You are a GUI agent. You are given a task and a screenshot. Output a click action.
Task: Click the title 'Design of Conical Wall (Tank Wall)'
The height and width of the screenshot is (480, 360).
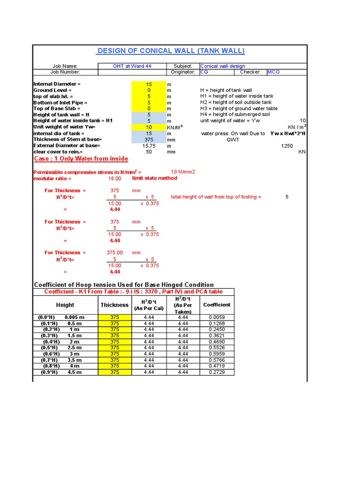coord(170,51)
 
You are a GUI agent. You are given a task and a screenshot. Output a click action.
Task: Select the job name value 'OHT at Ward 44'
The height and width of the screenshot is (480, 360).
coord(132,66)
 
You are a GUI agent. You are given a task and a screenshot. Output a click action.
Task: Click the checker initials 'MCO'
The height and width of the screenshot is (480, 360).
coord(273,72)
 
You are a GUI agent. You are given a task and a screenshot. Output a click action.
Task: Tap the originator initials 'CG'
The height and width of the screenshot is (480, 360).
coord(204,72)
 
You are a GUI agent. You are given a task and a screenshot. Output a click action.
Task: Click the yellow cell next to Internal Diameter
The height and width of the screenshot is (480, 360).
coord(149,84)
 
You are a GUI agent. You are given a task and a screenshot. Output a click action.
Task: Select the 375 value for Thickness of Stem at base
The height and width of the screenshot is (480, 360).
coord(149,139)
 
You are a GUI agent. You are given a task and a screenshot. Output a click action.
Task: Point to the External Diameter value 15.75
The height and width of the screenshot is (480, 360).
coord(149,146)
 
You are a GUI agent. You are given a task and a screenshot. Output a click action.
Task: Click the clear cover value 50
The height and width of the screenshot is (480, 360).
coord(149,152)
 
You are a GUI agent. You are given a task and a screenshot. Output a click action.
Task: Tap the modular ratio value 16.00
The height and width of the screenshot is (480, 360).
coord(115,179)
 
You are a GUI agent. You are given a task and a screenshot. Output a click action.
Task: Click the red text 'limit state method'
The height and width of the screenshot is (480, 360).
coord(155,178)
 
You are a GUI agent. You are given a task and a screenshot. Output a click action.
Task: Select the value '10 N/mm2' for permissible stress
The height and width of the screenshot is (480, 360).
coord(183,172)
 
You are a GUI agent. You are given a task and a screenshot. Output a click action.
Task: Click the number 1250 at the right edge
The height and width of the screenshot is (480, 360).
coord(287,146)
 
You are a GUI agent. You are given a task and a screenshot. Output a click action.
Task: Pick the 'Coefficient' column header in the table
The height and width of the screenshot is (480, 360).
coord(217,305)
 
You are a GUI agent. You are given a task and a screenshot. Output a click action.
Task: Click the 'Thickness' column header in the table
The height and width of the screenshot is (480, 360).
coord(114,305)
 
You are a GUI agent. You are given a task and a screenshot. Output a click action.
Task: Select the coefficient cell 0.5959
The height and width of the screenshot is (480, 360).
coord(217,354)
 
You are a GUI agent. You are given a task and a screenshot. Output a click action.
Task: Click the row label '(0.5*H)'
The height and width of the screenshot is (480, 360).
coord(48,348)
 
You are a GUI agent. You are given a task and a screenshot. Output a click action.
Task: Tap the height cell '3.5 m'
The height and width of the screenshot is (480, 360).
coord(75,360)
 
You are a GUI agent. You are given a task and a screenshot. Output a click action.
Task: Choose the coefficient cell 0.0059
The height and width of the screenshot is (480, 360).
coord(217,317)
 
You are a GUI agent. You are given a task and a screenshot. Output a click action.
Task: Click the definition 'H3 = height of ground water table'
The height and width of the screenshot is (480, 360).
coord(239,108)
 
